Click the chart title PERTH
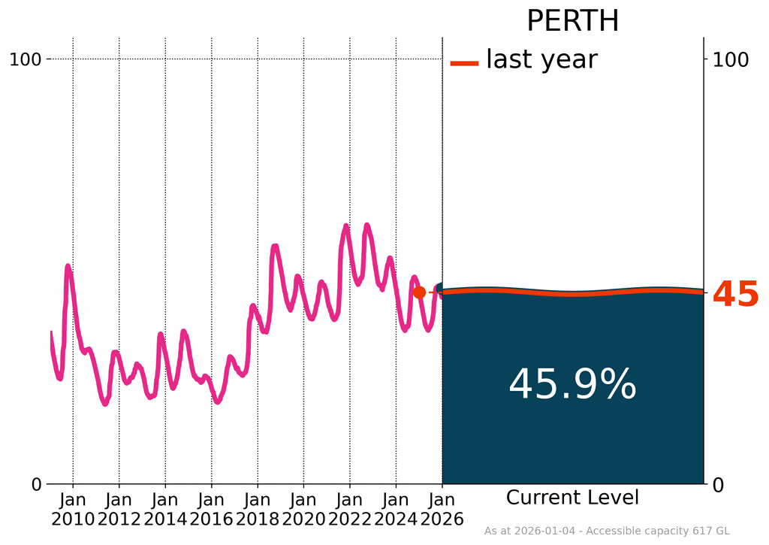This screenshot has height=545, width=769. [x=572, y=21]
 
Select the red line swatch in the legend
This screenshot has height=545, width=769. [x=464, y=63]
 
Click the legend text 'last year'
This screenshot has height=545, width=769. [x=541, y=59]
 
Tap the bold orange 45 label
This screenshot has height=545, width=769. [x=735, y=295]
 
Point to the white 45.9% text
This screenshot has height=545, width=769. [x=572, y=385]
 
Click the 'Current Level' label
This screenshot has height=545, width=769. [x=572, y=498]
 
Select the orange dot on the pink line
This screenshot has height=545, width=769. [x=419, y=292]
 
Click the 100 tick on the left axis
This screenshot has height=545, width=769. [x=27, y=59]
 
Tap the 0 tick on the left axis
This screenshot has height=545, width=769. [x=37, y=485]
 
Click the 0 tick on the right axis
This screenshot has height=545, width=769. [x=716, y=485]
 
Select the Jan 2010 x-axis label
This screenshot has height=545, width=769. [x=73, y=509]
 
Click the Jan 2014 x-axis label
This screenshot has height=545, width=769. [x=165, y=509]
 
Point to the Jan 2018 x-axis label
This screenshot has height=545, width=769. [x=258, y=509]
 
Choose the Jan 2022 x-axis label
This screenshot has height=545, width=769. [x=350, y=509]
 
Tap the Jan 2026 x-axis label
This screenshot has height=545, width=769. [x=442, y=509]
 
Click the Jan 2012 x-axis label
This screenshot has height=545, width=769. [x=119, y=509]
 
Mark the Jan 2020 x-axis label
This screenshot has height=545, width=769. [x=303, y=509]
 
